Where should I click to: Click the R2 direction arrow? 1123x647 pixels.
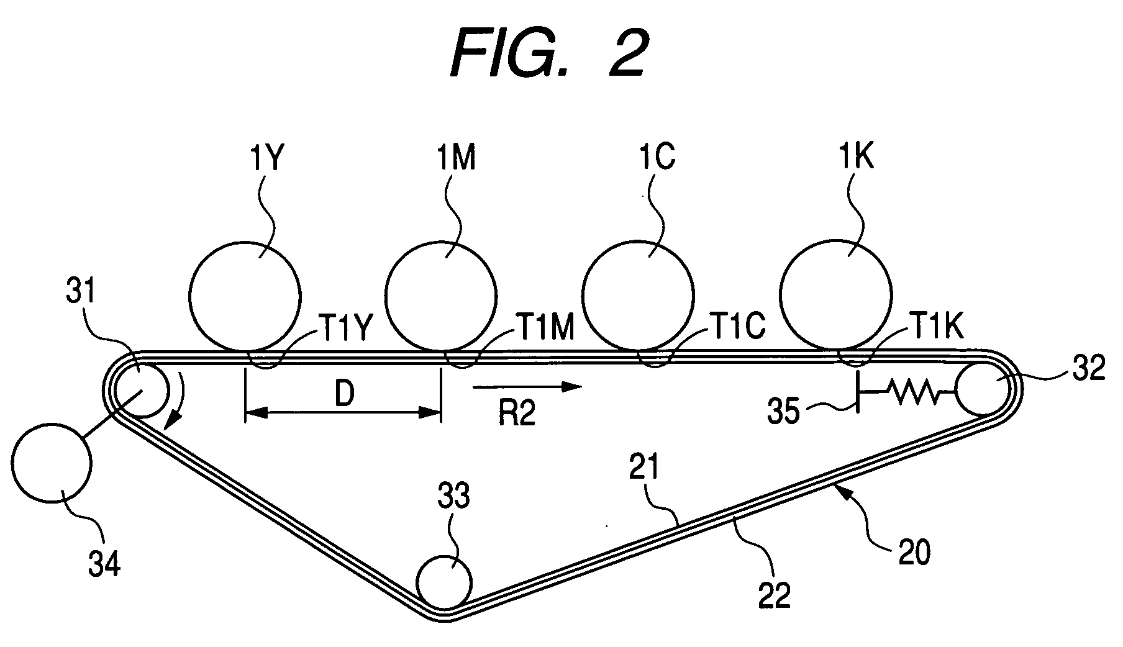527,387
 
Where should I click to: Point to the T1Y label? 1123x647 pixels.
346,329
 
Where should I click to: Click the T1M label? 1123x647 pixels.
543,329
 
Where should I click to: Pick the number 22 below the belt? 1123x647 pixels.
775,594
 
